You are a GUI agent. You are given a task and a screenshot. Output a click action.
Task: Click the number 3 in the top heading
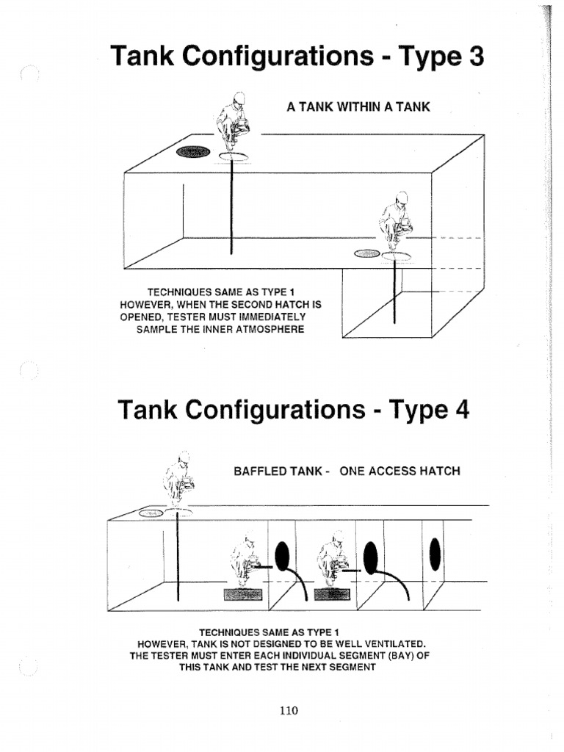coord(474,57)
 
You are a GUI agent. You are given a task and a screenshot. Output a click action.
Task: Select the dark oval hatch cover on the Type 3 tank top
coord(192,152)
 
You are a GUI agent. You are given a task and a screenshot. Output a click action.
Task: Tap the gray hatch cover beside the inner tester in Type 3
coord(367,253)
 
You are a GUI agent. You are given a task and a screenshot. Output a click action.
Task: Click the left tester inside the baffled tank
coord(244,563)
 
